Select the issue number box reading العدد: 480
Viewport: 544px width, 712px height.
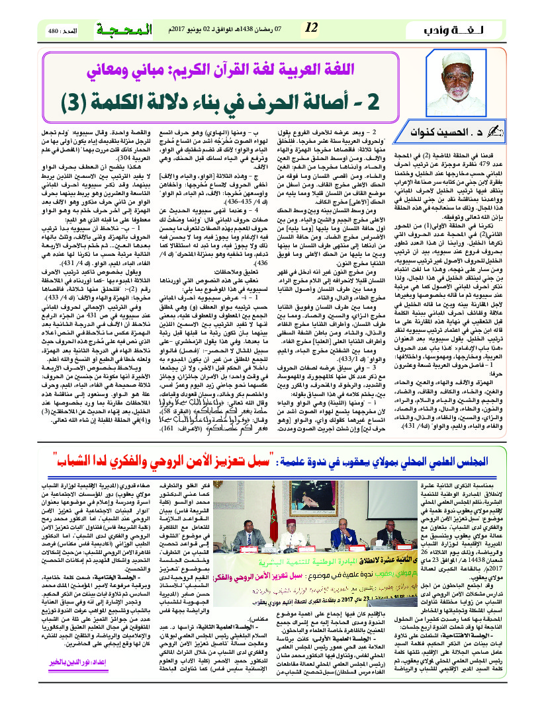[x=63, y=31]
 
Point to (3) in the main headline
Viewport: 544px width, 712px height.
[x=79, y=103]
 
